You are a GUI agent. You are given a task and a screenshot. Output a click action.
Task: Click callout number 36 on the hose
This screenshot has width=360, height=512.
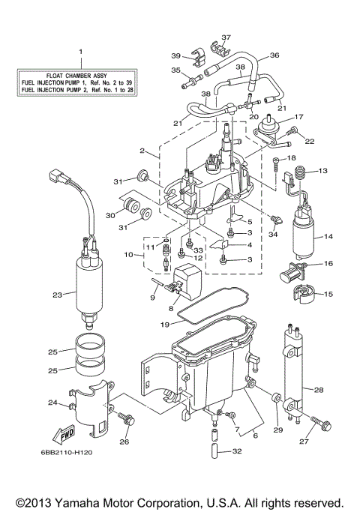[274, 55]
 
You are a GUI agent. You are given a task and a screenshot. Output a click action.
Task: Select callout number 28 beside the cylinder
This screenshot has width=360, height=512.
[319, 390]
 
